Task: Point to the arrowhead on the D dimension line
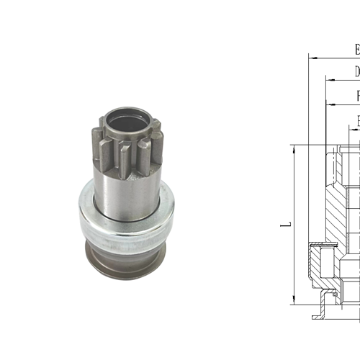(x=328, y=78)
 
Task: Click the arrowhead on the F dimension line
(x=328, y=104)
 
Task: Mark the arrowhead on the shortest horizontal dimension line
(x=351, y=127)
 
